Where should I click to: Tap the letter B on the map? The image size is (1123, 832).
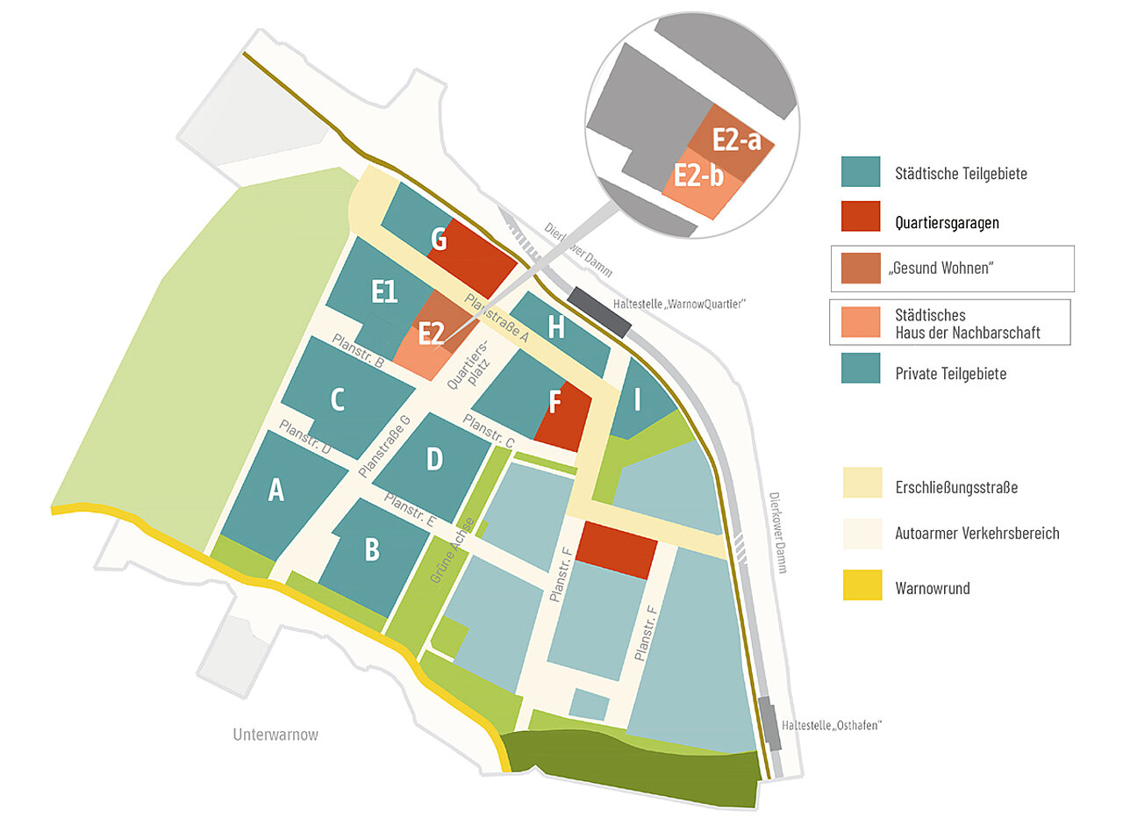pyautogui.click(x=372, y=549)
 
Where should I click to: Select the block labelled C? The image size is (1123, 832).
pyautogui.click(x=337, y=400)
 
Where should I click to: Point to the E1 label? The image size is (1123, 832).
pyautogui.click(x=384, y=290)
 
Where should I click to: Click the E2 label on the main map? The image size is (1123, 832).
pyautogui.click(x=431, y=334)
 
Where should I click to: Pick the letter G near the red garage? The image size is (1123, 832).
pyautogui.click(x=439, y=238)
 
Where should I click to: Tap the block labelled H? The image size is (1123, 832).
pyautogui.click(x=556, y=327)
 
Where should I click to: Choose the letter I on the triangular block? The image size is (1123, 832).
pyautogui.click(x=638, y=400)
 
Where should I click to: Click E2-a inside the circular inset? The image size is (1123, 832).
pyautogui.click(x=736, y=140)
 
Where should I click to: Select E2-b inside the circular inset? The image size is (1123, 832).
pyautogui.click(x=698, y=176)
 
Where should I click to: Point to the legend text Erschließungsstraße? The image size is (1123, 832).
pyautogui.click(x=956, y=487)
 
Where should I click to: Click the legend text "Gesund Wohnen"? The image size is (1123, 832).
pyautogui.click(x=943, y=269)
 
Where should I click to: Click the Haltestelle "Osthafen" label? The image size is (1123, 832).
pyautogui.click(x=830, y=726)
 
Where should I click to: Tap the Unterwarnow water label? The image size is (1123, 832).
pyautogui.click(x=275, y=735)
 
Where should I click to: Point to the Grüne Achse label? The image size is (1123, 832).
pyautogui.click(x=453, y=551)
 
